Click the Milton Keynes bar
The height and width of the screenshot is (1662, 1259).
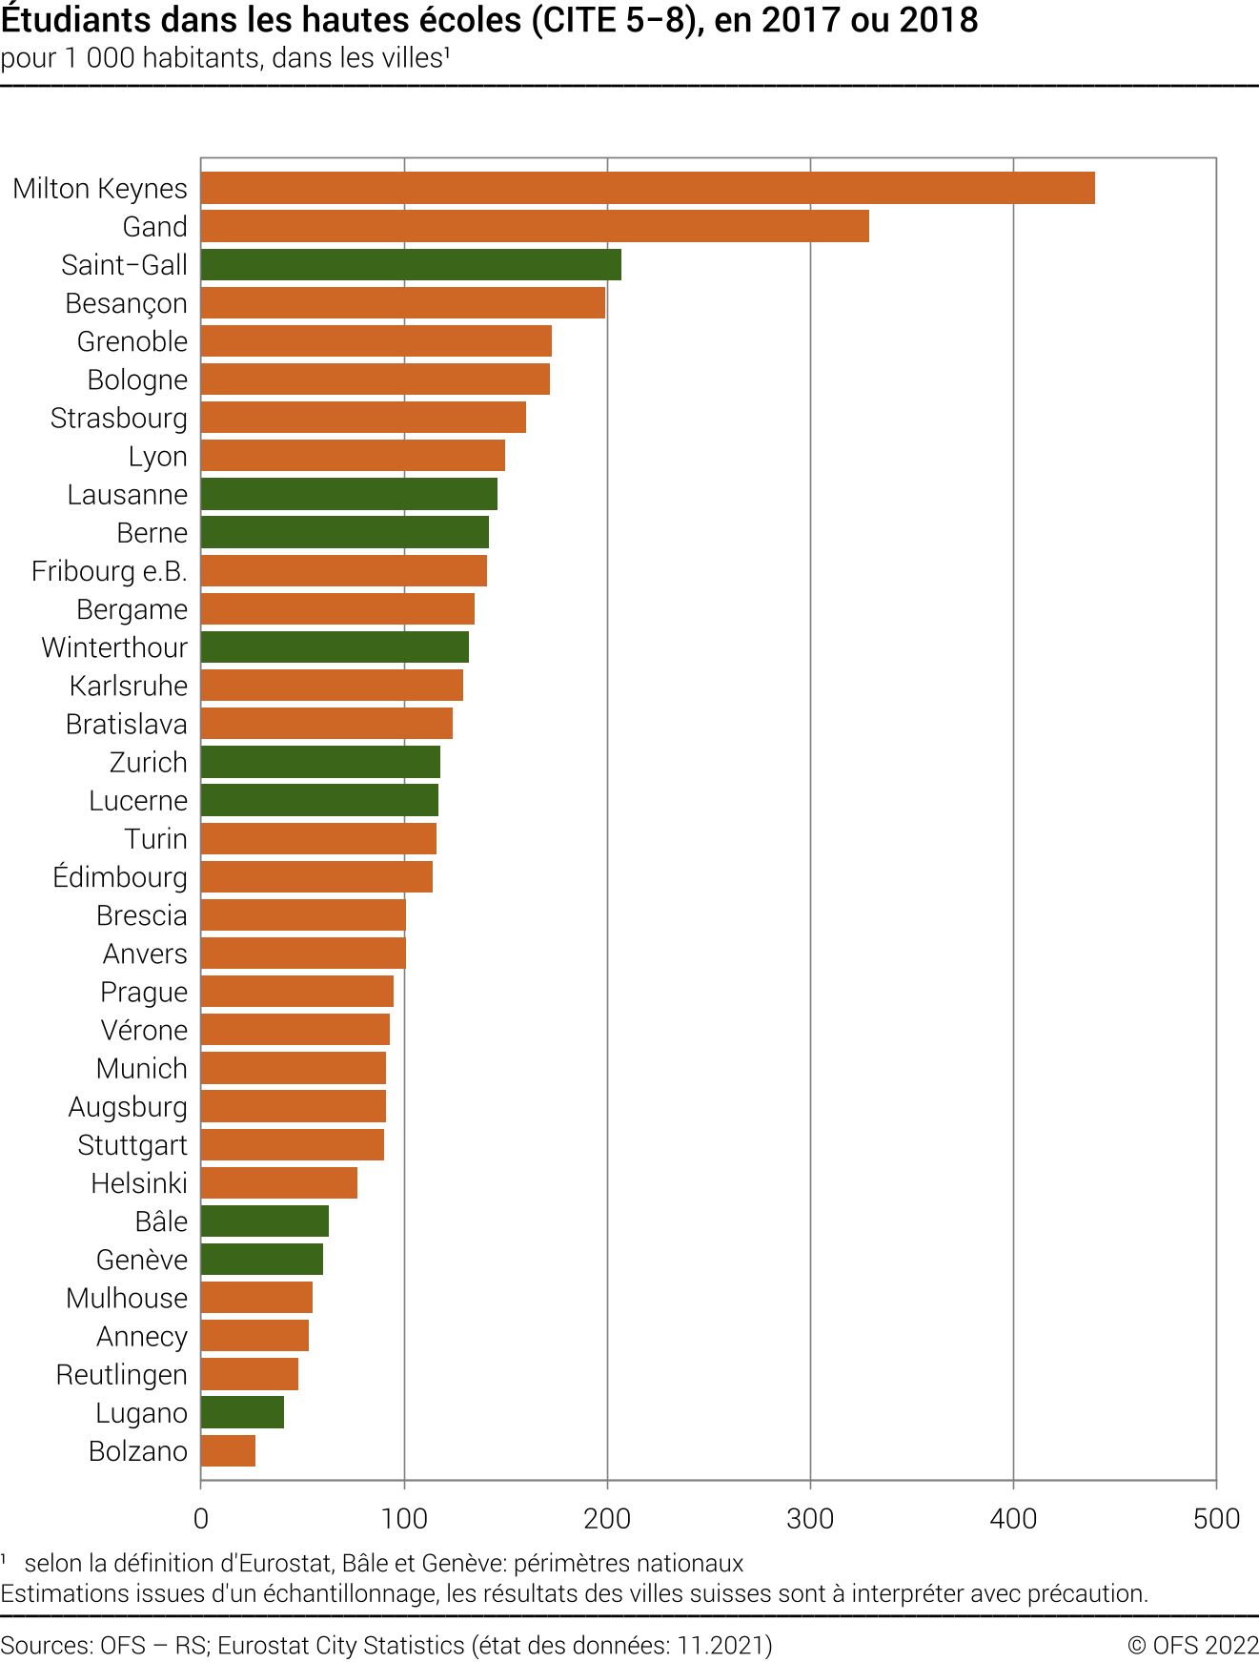click(648, 188)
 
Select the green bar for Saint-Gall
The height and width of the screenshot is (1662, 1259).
click(411, 264)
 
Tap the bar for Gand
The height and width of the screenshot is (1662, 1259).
click(535, 226)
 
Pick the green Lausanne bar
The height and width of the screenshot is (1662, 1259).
click(349, 494)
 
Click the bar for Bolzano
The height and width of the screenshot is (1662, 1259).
click(228, 1450)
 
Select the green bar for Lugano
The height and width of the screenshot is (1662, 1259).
click(242, 1412)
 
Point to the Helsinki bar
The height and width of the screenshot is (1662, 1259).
click(279, 1182)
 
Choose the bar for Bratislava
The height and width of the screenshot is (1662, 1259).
click(327, 724)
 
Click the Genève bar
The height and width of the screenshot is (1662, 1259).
click(262, 1259)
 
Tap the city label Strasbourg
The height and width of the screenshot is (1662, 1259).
click(119, 419)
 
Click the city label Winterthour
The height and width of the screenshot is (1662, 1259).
click(115, 647)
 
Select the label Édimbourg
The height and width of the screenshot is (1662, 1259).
click(120, 876)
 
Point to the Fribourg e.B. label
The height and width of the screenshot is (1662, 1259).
click(110, 571)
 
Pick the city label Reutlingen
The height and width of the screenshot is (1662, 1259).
click(122, 1374)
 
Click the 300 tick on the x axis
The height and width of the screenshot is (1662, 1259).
click(810, 1519)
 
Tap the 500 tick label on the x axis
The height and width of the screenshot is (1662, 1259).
click(1216, 1519)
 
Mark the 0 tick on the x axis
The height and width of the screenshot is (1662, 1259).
click(201, 1519)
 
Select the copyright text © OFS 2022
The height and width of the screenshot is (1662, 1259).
click(1192, 1645)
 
